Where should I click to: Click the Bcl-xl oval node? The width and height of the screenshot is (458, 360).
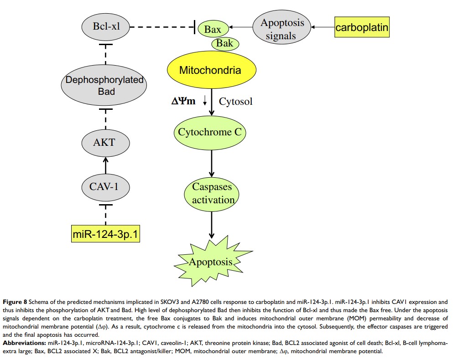click(105, 26)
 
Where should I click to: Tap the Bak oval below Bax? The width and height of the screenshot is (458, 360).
click(224, 44)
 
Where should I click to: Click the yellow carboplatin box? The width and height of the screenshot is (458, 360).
click(362, 28)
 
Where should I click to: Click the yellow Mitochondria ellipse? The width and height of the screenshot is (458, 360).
click(211, 71)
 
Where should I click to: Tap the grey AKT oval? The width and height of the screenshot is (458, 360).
click(105, 143)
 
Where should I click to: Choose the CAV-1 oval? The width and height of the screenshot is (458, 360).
click(105, 186)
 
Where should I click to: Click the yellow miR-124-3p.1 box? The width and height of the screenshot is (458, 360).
click(106, 235)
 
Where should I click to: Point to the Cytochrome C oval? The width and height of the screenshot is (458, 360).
click(211, 133)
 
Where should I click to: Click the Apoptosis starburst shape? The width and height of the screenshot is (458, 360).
click(211, 262)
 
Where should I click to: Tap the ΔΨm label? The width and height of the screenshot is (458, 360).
click(183, 101)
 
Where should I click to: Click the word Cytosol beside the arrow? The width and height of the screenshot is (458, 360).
click(235, 101)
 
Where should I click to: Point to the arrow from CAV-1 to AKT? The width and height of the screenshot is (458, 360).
click(105, 165)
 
